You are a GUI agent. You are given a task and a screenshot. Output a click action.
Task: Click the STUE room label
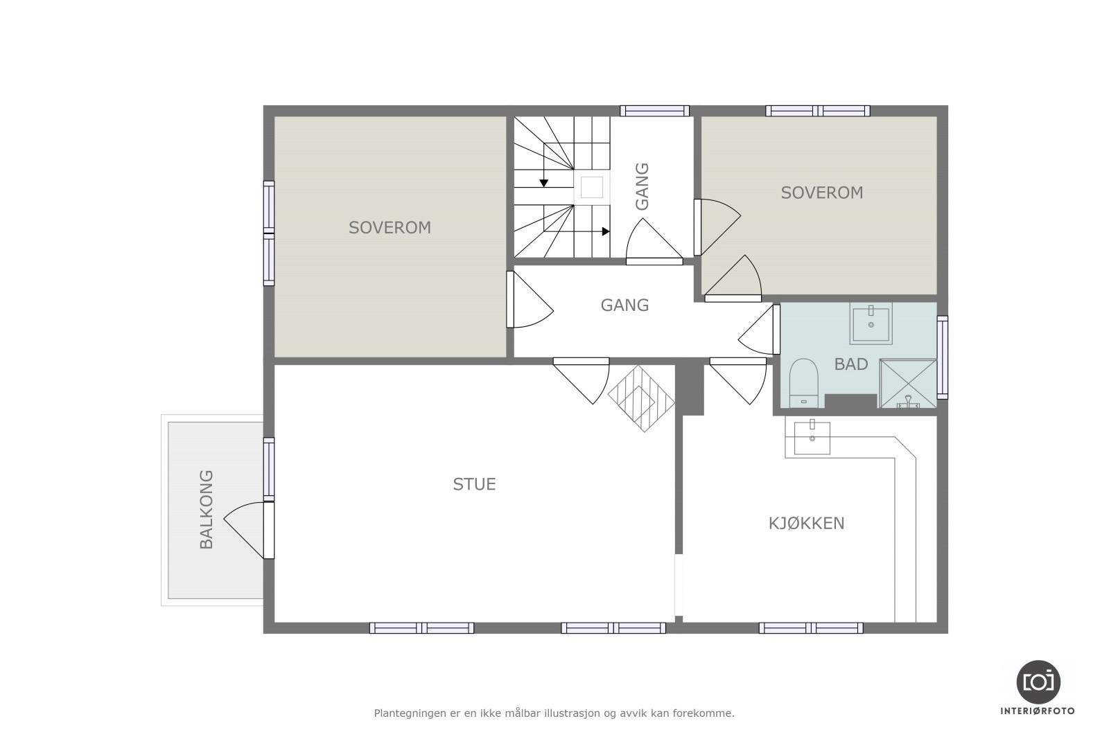pyautogui.click(x=474, y=483)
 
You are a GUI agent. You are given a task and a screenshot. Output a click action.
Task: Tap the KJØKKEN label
pyautogui.click(x=807, y=523)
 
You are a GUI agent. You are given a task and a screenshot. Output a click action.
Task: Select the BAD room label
pyautogui.click(x=851, y=364)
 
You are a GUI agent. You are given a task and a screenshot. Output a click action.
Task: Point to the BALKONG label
pyautogui.click(x=207, y=510)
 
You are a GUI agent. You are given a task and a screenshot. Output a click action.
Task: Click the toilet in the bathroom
pyautogui.click(x=803, y=383)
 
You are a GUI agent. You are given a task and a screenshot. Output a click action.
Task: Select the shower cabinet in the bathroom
pyautogui.click(x=908, y=383)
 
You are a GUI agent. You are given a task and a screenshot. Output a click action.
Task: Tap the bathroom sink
pyautogui.click(x=871, y=323)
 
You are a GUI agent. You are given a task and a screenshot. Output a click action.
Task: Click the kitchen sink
pyautogui.click(x=812, y=437)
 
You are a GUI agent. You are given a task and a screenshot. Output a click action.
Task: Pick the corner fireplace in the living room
pyautogui.click(x=642, y=398)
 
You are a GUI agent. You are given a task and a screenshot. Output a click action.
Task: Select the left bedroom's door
pyautogui.click(x=529, y=299)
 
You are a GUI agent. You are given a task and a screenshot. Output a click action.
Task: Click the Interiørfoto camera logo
pyautogui.click(x=1038, y=682)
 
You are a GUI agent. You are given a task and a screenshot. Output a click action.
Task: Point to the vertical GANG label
pyautogui.click(x=642, y=186)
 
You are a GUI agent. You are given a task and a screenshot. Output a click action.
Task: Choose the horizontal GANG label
pyautogui.click(x=625, y=305)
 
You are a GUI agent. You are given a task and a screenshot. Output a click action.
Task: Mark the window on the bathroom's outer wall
pyautogui.click(x=943, y=357)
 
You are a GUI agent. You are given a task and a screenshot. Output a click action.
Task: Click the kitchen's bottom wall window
pyautogui.click(x=811, y=628)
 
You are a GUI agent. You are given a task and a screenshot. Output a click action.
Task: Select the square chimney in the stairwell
pyautogui.click(x=592, y=187)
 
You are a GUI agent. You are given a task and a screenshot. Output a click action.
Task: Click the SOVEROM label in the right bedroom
pyautogui.click(x=822, y=193)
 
